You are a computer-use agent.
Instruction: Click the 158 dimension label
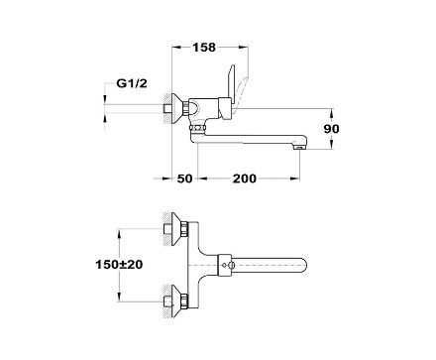[204, 48]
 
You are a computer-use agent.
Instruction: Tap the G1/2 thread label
[132, 83]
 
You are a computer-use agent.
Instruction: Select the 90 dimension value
[331, 129]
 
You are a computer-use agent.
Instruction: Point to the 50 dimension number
[184, 179]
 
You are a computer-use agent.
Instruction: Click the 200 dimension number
[245, 179]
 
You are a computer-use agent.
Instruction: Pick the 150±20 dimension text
[119, 265]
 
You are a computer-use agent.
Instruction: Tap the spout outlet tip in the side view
[299, 147]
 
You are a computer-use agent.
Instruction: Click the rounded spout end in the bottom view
[303, 265]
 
